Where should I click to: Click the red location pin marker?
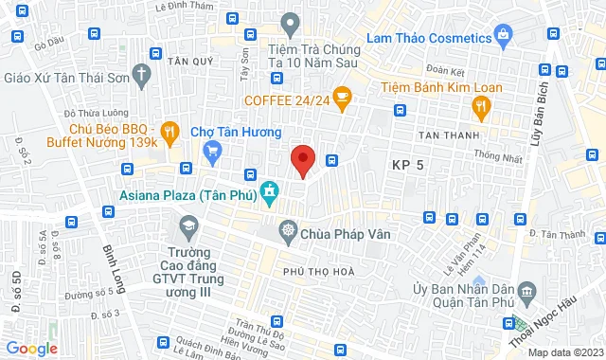302,160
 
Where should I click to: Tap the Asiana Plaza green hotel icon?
270,195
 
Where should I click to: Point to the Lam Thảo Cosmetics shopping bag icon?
503,37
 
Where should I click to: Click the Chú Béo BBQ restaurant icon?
169,132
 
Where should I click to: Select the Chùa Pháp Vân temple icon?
287,231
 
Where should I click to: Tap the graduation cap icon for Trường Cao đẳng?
187,227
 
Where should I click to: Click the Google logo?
30,349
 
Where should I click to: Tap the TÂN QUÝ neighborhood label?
187,59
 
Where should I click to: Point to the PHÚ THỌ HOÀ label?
318,272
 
